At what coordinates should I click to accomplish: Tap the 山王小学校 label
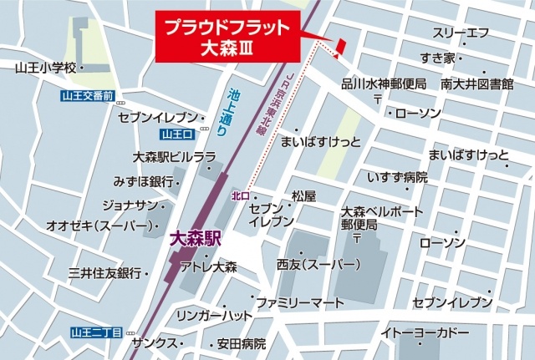pyautogui.click(x=46, y=66)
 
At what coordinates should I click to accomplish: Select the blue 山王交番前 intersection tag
pyautogui.click(x=88, y=96)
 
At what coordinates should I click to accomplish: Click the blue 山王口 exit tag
pyautogui.click(x=176, y=134)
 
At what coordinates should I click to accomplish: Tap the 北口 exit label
pyautogui.click(x=239, y=195)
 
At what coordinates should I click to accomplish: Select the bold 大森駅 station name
pyautogui.click(x=194, y=237)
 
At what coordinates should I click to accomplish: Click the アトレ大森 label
pyautogui.click(x=209, y=267)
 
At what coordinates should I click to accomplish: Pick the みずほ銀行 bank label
pyautogui.click(x=143, y=180)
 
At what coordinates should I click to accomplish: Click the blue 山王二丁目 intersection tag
pyautogui.click(x=96, y=332)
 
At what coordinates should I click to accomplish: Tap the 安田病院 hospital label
pyautogui.click(x=241, y=343)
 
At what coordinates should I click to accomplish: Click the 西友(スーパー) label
pyautogui.click(x=318, y=265)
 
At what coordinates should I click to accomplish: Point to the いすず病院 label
pyautogui.click(x=397, y=177)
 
